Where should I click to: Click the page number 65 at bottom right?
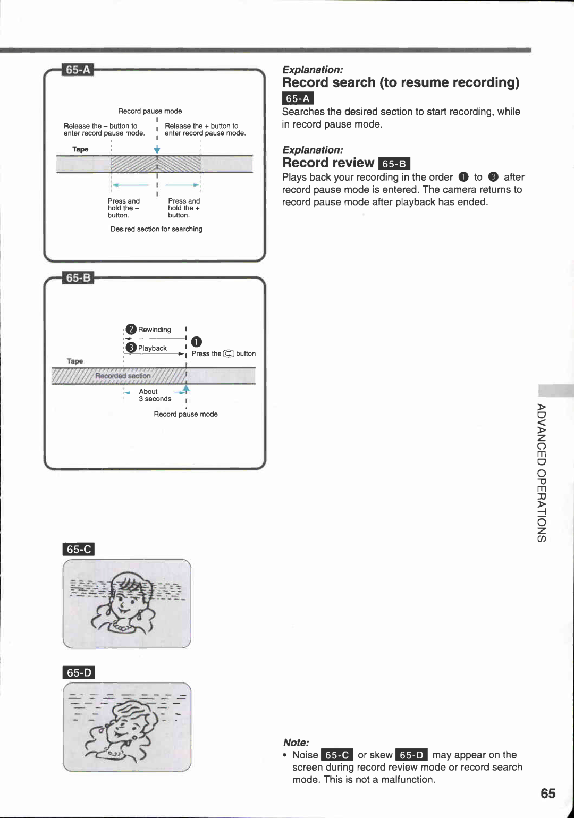click(547, 794)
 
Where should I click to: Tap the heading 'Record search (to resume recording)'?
click(400, 83)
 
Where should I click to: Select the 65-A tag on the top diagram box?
click(78, 70)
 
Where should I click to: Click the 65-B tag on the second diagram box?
click(78, 278)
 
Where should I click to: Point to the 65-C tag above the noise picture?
click(79, 549)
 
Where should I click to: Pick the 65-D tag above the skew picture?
click(79, 672)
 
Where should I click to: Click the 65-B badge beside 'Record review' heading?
click(394, 164)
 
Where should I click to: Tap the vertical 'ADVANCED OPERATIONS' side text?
click(541, 473)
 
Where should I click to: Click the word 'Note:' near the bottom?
click(296, 743)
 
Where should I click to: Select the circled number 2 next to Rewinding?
click(131, 330)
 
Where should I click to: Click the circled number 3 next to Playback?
click(131, 348)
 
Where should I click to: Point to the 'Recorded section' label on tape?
click(123, 376)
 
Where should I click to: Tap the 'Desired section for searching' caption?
click(156, 229)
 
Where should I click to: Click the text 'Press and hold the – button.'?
click(123, 208)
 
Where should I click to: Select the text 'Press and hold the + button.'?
click(184, 208)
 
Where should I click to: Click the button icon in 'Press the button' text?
click(229, 354)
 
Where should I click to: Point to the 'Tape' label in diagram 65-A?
click(80, 149)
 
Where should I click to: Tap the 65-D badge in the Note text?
click(411, 755)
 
